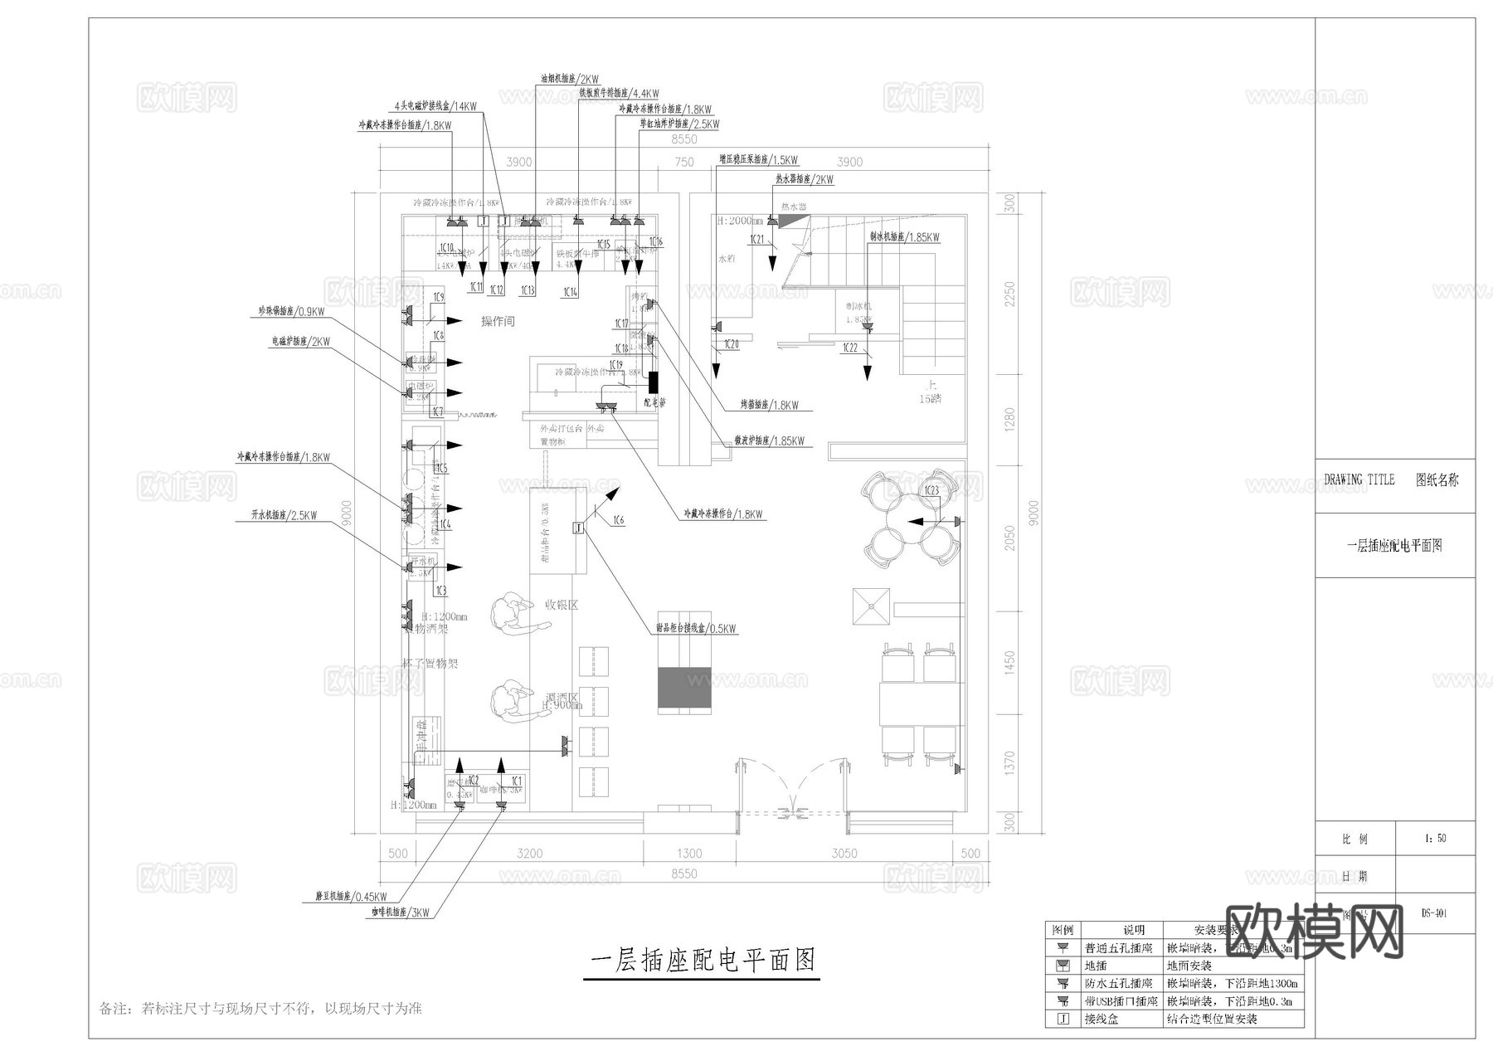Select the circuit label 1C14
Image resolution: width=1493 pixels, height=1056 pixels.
coord(571,292)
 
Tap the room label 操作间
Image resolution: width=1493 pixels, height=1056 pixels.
coord(498,321)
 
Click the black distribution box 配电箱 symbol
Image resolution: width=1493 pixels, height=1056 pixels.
coord(654,382)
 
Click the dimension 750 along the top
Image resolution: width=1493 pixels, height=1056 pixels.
coord(684,162)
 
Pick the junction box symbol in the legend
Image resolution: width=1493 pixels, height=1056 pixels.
coord(1063,1019)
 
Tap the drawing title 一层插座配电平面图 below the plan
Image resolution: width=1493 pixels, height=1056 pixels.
coord(703,961)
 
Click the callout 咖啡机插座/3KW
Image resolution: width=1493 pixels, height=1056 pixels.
coord(401,912)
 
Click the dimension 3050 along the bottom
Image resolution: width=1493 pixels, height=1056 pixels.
coord(844,853)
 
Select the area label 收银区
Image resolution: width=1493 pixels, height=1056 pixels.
coord(562,605)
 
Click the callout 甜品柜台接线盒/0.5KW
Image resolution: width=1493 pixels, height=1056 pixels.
coord(695,629)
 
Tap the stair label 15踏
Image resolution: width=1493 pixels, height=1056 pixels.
coord(931,399)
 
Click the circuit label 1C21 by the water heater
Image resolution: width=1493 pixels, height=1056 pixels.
coord(757,240)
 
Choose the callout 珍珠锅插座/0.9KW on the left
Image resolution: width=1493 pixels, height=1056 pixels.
coord(291,312)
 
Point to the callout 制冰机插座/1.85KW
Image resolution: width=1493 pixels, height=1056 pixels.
coord(904,237)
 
